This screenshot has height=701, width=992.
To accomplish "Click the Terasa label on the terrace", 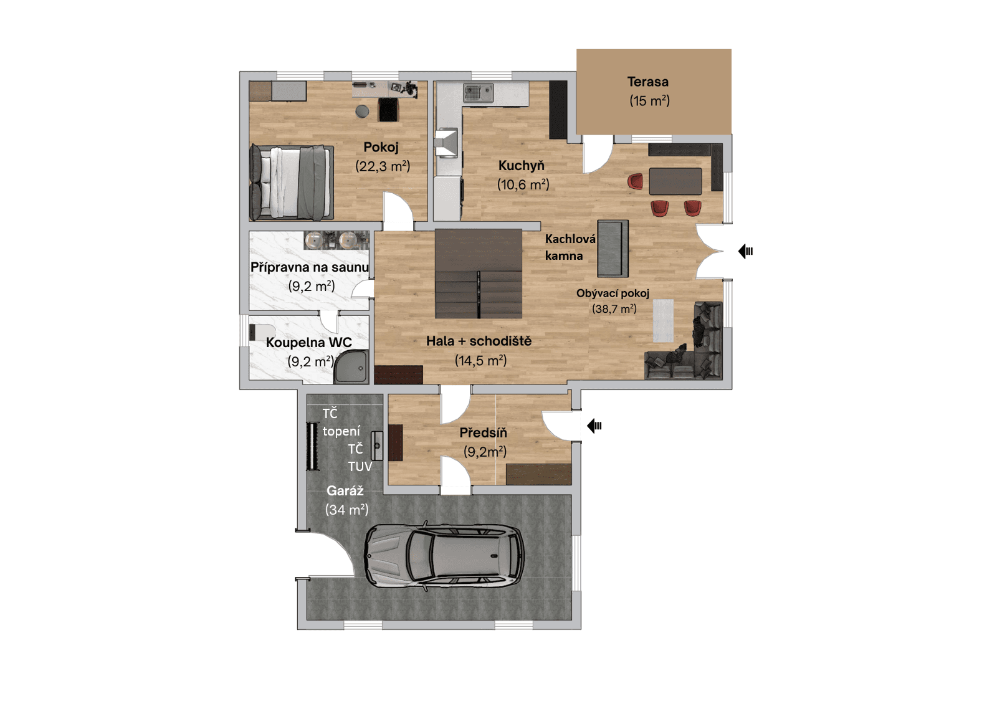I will pos(647,82).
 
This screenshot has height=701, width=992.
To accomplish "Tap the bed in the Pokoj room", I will pos(292,183).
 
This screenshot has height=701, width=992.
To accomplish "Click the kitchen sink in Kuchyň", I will pos(478,93).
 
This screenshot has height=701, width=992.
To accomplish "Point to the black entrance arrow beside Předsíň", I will pos(594,426).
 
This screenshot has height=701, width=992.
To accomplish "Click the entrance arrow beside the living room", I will pos(745,251).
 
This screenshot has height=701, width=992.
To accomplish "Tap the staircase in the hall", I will pos(478,274).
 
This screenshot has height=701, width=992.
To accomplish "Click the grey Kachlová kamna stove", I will pos(613,248).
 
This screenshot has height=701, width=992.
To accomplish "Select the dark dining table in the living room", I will pos(675,181).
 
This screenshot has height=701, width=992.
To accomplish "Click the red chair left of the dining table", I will pos(635,181).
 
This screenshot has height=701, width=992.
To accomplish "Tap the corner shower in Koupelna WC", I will pos(352,367).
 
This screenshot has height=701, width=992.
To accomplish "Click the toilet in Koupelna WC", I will pos(260,331).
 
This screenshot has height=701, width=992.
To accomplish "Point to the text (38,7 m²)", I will pos(614,308).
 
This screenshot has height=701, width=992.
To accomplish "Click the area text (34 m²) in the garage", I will pos(346,510).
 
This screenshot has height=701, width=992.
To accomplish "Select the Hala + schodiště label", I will pos(479,341).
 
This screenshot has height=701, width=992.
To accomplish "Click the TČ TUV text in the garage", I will pos(359,457).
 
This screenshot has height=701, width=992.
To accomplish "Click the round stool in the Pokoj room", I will pos(362,112).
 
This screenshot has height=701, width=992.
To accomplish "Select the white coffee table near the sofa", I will pos(663,320).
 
